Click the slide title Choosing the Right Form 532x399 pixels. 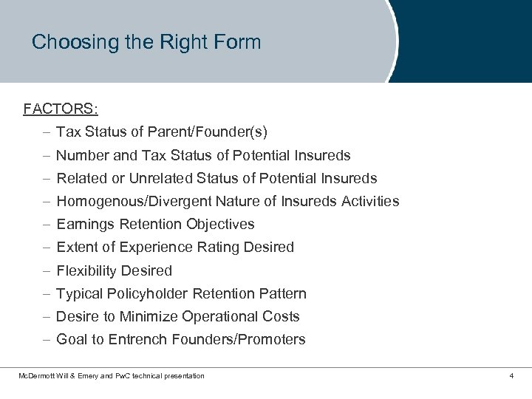pos(146,42)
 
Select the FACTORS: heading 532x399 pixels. pos(61,109)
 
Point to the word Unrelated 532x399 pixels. pos(161,179)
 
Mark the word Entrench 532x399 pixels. pos(137,340)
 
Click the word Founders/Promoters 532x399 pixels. pos(238,340)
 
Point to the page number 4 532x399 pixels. pos(511,376)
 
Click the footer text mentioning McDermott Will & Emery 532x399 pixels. pos(111,376)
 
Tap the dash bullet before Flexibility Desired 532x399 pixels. pos(46,270)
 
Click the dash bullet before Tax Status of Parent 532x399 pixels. pos(46,133)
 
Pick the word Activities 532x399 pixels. pos(370,202)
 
